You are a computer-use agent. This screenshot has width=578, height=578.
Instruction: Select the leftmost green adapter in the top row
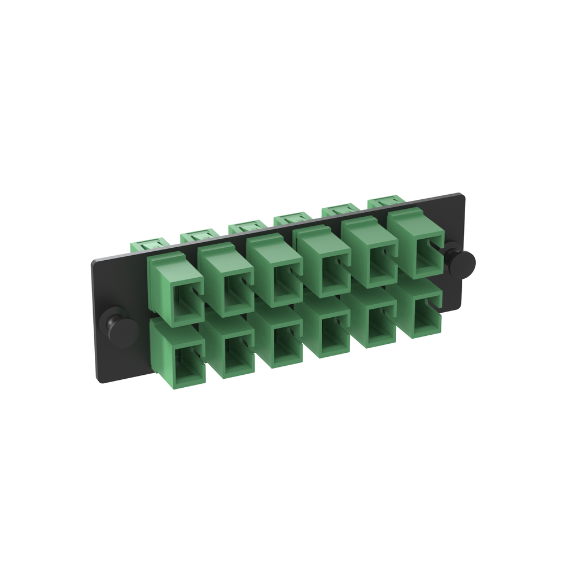click(176, 290)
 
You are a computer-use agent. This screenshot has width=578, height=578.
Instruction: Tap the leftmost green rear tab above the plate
click(149, 245)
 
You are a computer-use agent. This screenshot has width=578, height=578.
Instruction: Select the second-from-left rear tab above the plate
click(198, 235)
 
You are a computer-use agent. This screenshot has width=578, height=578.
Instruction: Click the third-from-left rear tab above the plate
click(246, 226)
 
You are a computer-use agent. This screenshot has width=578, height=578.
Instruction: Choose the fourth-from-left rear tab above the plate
click(292, 217)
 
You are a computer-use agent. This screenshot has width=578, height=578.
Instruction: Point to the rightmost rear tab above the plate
click(387, 200)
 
